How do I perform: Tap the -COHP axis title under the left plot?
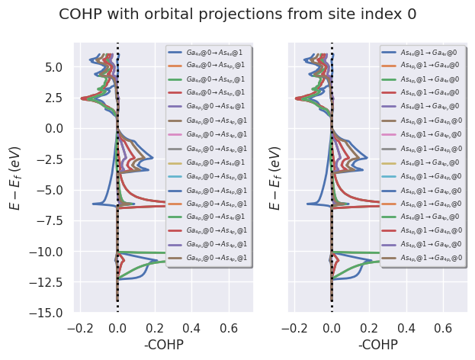click(x=164, y=345)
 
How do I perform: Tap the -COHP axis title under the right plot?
click(x=378, y=345)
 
